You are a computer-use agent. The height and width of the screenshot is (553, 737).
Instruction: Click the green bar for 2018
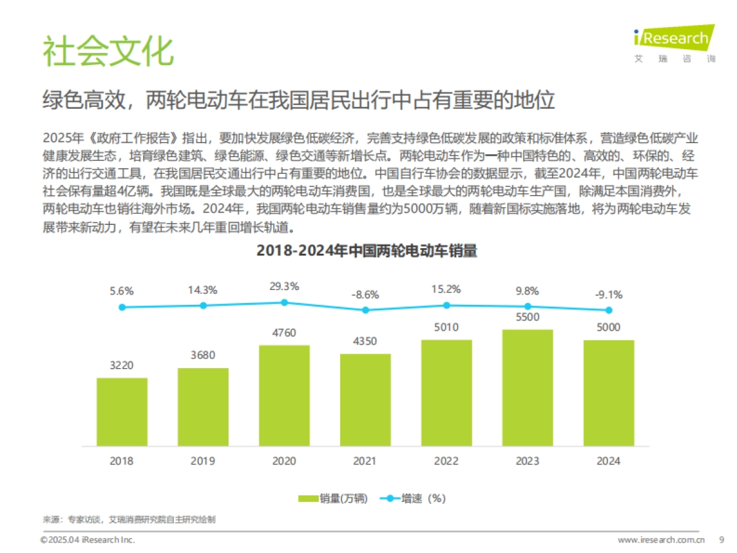click(122, 412)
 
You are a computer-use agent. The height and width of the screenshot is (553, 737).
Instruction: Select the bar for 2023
click(528, 388)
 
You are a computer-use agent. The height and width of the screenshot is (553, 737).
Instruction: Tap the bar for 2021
click(365, 400)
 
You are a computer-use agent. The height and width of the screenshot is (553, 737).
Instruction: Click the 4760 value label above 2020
click(284, 333)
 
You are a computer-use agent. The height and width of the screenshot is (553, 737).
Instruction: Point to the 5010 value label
click(446, 327)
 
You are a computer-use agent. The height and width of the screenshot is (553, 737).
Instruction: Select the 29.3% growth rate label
click(284, 286)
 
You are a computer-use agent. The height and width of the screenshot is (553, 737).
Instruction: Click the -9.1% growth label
click(609, 294)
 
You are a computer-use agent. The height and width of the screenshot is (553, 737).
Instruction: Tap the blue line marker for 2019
click(203, 305)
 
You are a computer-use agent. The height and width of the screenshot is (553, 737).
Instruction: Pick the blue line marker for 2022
click(446, 305)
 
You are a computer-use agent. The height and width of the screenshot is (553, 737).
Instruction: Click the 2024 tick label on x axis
click(609, 461)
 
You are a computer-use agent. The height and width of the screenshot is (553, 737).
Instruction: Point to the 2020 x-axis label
click(284, 461)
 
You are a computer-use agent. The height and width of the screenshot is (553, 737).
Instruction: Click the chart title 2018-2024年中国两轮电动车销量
click(367, 251)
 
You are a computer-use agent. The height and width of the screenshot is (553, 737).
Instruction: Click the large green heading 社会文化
click(107, 52)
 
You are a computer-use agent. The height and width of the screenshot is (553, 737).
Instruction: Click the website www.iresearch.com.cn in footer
click(660, 539)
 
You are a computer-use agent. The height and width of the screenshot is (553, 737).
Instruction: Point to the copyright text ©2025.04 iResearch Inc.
click(87, 539)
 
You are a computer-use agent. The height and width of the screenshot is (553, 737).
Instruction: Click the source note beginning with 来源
click(129, 520)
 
